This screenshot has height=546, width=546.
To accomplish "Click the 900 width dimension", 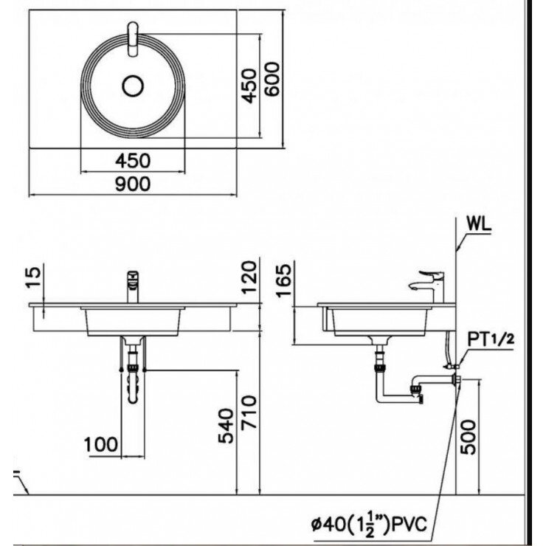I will pyautogui.click(x=133, y=184).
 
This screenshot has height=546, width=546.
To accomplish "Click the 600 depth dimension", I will pyautogui.click(x=272, y=77).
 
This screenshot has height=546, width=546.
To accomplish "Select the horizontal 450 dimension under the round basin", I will pyautogui.click(x=133, y=160).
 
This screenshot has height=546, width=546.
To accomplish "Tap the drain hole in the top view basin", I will pyautogui.click(x=133, y=86).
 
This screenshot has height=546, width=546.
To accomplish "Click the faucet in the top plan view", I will pyautogui.click(x=133, y=38).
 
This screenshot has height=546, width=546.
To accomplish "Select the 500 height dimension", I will pyautogui.click(x=470, y=436).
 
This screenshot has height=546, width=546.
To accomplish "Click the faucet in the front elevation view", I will pyautogui.click(x=134, y=285).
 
